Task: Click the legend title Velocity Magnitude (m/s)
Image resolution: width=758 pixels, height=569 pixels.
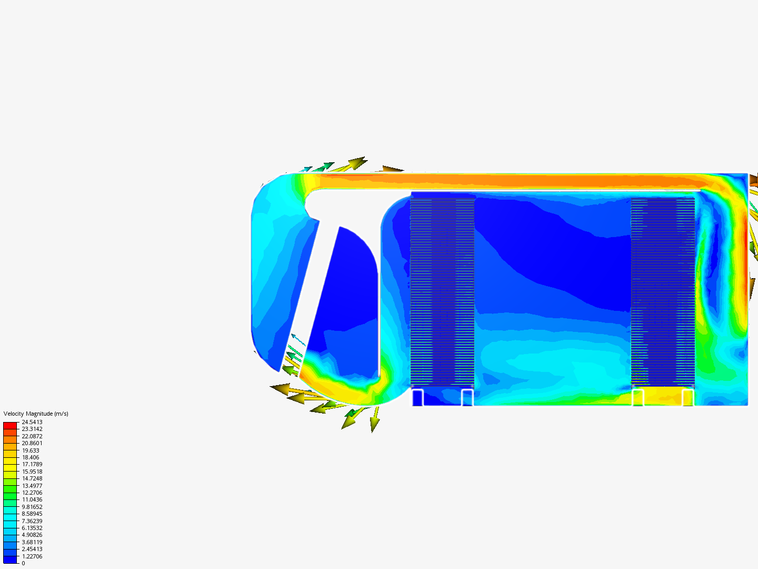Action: point(36,414)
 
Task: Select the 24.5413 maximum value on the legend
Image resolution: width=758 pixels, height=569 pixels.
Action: point(32,422)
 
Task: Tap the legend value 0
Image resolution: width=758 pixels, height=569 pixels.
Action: point(23,563)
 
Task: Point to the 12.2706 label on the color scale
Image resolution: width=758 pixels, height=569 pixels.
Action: point(32,493)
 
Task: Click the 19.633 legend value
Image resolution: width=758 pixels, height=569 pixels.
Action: point(31,450)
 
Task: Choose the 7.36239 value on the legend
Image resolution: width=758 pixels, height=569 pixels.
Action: point(32,521)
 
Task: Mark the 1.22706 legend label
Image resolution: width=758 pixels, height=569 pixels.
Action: point(32,556)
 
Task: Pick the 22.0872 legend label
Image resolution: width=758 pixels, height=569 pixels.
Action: point(32,436)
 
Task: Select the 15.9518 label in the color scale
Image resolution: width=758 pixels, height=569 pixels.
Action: point(32,471)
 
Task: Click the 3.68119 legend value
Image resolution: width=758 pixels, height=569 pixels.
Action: point(32,542)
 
